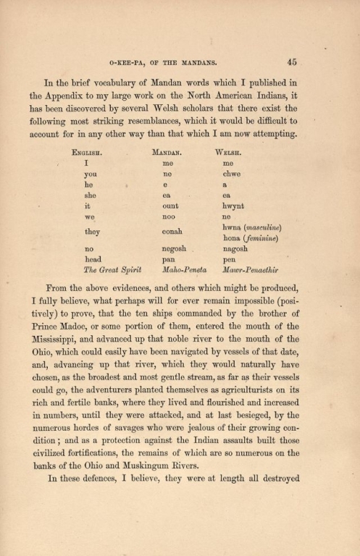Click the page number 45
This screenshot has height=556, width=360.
292,62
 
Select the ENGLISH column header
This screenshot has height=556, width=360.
88,153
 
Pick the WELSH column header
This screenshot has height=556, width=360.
230,153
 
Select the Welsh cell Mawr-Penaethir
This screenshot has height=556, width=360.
253,270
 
